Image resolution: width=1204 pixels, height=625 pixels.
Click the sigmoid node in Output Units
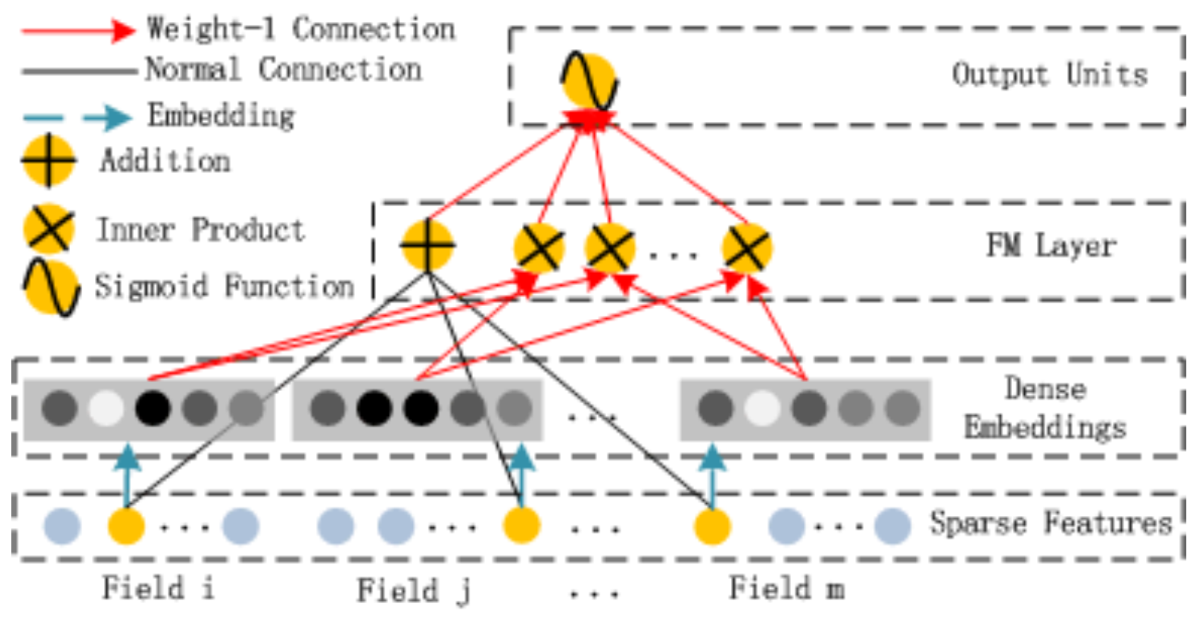coord(589,82)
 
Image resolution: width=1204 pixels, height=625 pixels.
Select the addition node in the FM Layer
coord(427,245)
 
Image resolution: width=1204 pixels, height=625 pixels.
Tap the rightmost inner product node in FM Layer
coord(746,248)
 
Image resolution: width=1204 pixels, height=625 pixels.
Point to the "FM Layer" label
coord(1051,246)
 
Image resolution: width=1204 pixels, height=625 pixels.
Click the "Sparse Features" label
coord(1051,523)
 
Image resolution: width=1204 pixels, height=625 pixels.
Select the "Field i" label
coord(157,588)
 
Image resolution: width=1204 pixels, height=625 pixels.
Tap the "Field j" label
coord(414,590)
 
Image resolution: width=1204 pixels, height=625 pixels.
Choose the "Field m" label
coord(786,588)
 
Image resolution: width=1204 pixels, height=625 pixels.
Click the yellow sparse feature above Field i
coord(126,527)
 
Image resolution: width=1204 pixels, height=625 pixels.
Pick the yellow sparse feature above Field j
coord(521,527)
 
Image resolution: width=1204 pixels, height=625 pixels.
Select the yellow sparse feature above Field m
coord(712,527)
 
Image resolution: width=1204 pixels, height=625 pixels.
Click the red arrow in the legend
coord(78,30)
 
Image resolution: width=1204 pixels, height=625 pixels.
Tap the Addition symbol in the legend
coord(48,161)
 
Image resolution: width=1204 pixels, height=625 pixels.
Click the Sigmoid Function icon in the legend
coord(51,287)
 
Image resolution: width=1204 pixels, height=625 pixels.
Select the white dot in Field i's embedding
coord(106,408)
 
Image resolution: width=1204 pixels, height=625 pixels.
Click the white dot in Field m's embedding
coord(762,408)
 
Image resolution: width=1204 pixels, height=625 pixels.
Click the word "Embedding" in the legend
coord(221,116)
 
